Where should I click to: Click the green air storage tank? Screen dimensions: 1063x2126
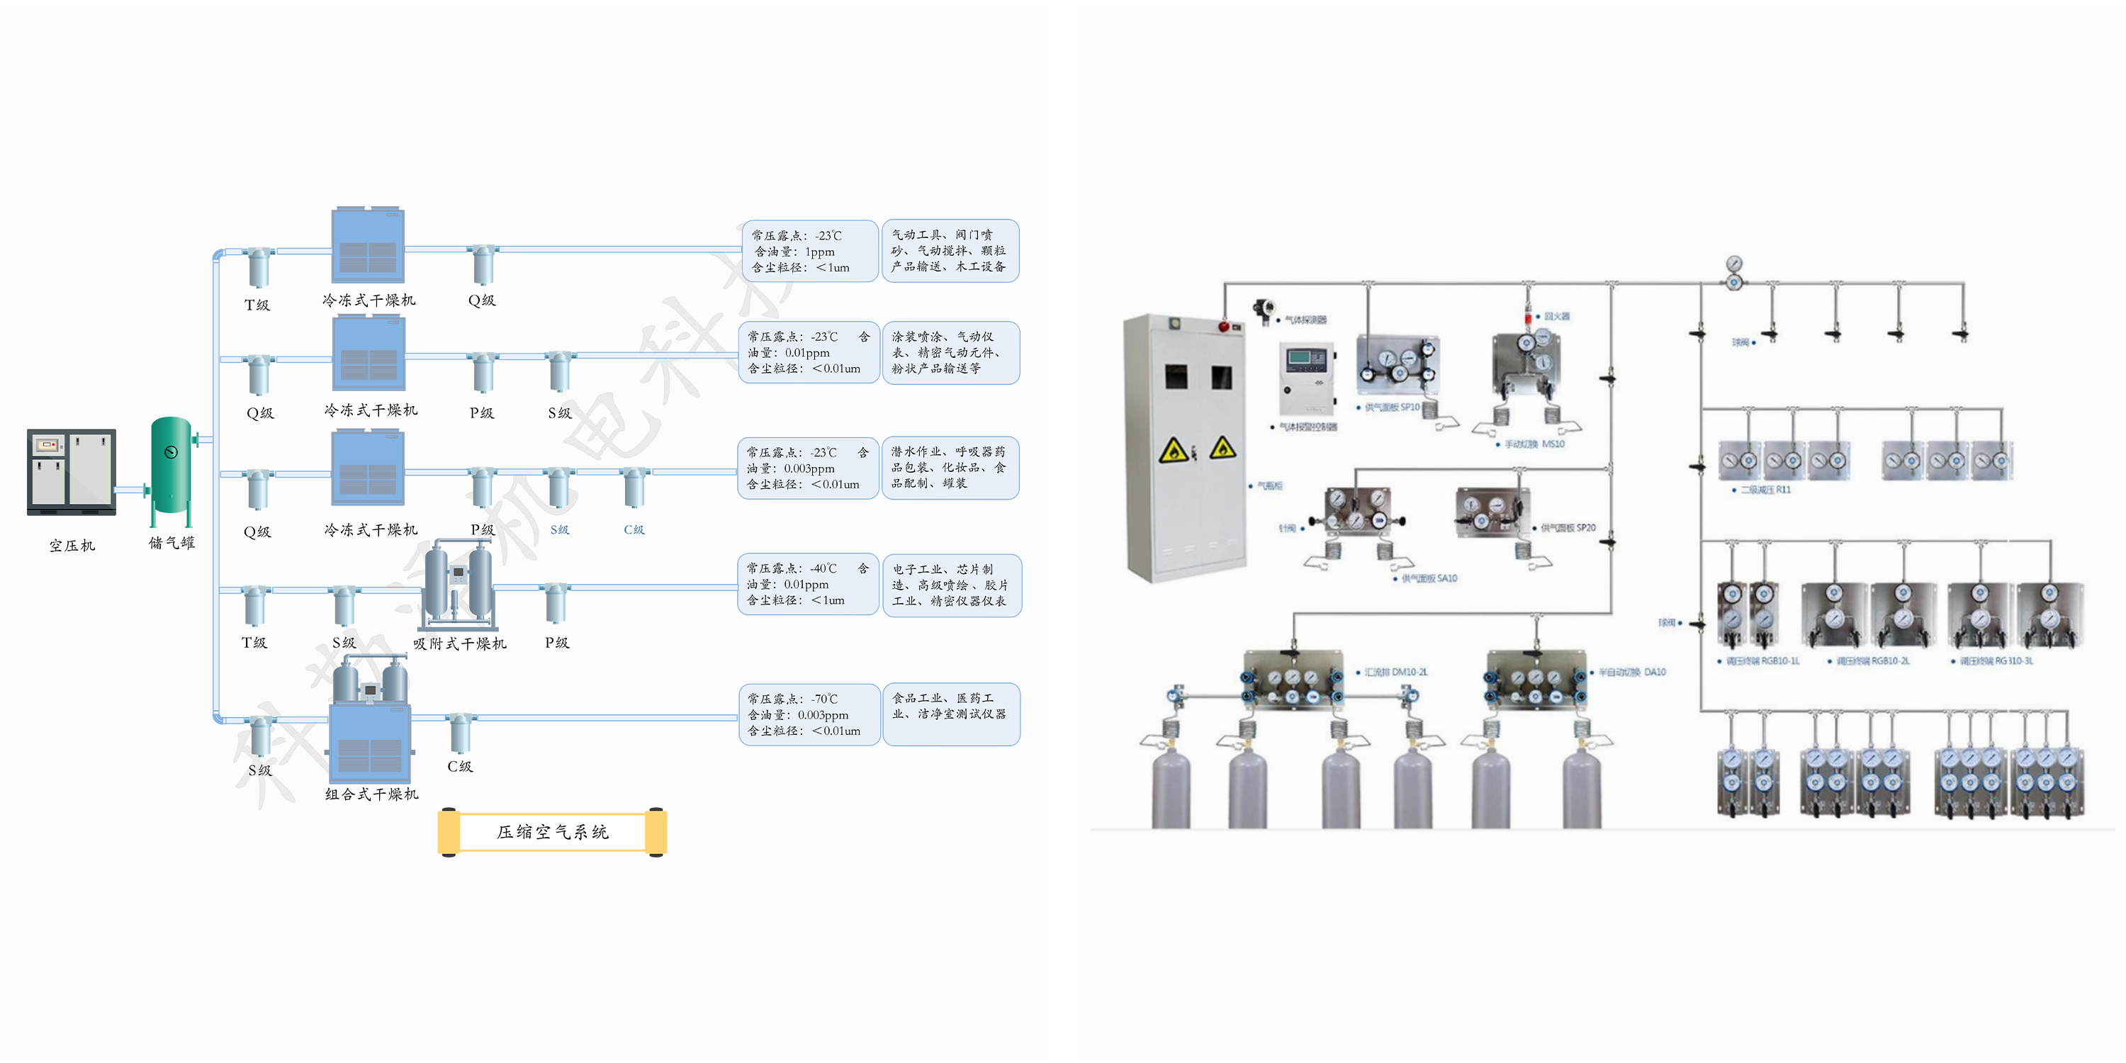click(171, 466)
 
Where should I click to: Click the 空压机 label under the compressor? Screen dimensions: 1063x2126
click(72, 546)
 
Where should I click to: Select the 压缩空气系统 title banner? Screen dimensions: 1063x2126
click(552, 832)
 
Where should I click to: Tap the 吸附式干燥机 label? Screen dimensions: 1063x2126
click(460, 643)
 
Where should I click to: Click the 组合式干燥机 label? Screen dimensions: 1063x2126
click(371, 794)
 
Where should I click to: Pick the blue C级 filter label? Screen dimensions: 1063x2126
click(633, 530)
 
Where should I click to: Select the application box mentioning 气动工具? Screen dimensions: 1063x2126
click(950, 251)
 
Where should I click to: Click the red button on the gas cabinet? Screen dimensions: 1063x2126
click(1223, 327)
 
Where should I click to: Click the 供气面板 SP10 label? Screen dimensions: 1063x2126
click(1392, 407)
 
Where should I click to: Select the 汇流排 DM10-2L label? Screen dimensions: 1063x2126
click(1395, 672)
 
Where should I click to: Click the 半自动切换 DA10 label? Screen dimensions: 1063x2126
click(1631, 672)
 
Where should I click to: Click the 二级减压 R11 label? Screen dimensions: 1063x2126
click(1765, 490)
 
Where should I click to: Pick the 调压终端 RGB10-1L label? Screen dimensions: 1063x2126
click(1762, 661)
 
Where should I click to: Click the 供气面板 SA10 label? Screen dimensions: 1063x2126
click(1429, 578)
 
